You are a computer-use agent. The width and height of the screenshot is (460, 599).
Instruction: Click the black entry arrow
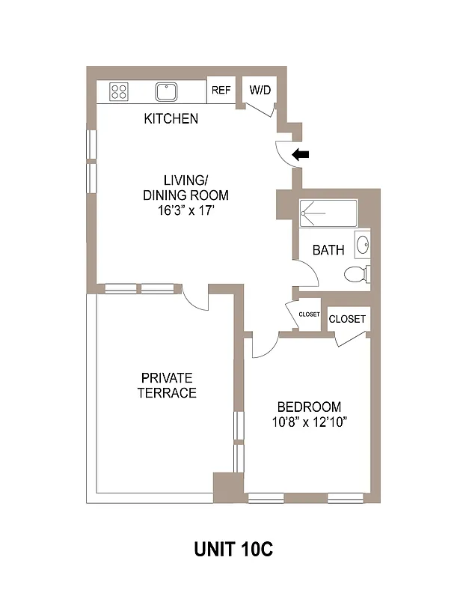click(301, 155)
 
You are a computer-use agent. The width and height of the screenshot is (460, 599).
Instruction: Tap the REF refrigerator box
click(221, 91)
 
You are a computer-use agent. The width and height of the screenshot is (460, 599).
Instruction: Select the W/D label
click(260, 91)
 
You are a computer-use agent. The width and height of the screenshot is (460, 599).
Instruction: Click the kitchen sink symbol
click(166, 92)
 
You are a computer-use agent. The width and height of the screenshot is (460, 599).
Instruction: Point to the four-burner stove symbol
click(118, 92)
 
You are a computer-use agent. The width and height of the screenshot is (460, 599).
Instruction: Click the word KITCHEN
click(171, 118)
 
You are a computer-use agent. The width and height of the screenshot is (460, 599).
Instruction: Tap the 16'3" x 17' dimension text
click(185, 210)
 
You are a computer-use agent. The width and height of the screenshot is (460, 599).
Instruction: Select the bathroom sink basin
click(362, 246)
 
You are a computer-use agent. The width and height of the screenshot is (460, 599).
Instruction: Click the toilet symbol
click(357, 274)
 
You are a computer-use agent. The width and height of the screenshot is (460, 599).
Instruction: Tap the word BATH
click(328, 250)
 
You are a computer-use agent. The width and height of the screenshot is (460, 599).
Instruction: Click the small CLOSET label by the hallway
click(309, 314)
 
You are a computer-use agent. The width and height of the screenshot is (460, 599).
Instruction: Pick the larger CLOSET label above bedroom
click(347, 319)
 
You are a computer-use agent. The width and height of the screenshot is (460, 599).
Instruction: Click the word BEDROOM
click(309, 407)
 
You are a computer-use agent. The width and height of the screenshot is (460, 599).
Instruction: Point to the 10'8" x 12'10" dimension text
click(309, 422)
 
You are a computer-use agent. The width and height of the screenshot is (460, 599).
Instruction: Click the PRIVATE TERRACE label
click(167, 385)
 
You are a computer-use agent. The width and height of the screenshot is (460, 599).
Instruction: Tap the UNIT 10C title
click(233, 550)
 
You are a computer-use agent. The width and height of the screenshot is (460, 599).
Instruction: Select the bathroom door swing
click(307, 274)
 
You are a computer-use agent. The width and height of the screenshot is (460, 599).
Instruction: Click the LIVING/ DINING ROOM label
click(185, 187)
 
